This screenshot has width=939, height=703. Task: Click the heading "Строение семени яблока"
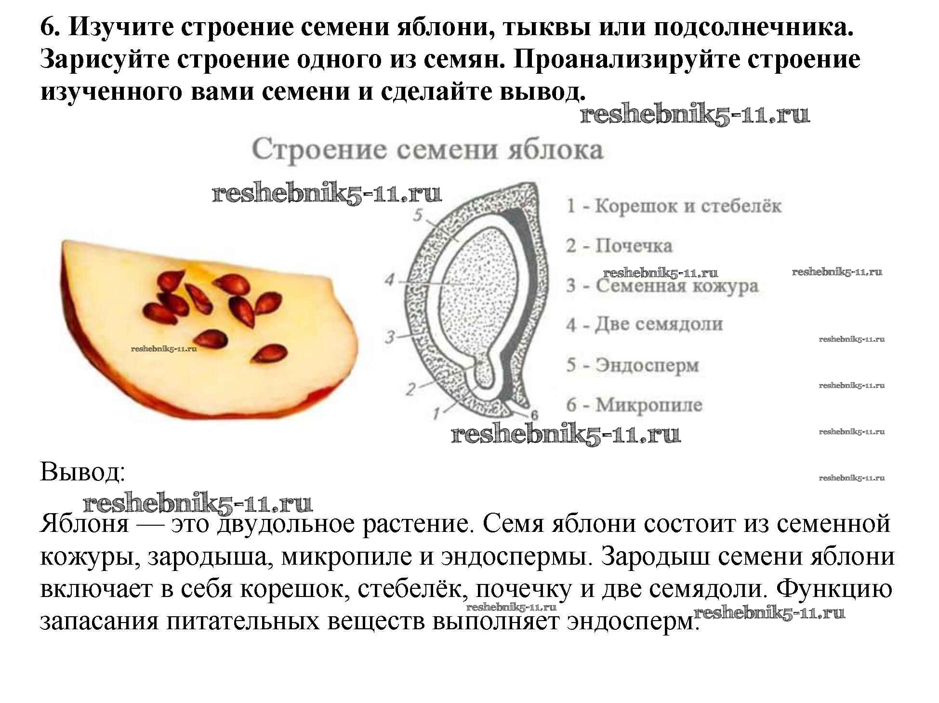[x=427, y=150]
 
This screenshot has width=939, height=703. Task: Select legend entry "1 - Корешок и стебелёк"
[x=674, y=206]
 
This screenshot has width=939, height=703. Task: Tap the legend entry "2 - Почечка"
[x=619, y=246]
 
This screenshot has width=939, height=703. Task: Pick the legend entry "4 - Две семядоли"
[x=645, y=324]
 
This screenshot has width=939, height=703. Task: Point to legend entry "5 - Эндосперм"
[x=633, y=365]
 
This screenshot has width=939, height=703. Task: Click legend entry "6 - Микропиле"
[x=634, y=405]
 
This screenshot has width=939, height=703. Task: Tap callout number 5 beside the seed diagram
[x=418, y=215]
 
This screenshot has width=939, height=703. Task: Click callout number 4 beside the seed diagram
[x=389, y=279]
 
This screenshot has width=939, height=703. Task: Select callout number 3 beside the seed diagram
[x=390, y=337]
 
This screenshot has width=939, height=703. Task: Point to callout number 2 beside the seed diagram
[x=410, y=389]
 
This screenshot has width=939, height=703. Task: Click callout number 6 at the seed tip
[x=534, y=415]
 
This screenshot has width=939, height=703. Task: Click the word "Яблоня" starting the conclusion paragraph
[x=85, y=523]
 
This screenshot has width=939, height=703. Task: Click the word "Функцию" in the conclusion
[x=835, y=588]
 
